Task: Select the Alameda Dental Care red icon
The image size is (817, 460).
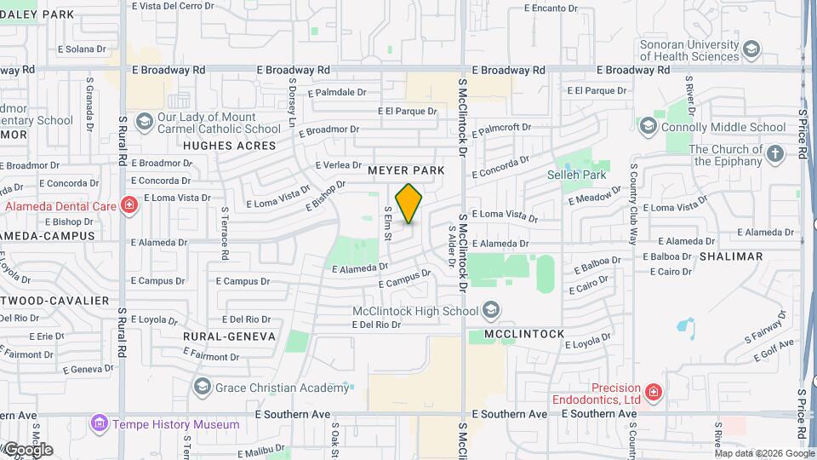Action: click(x=128, y=205)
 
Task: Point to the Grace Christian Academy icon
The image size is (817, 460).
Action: click(x=202, y=388)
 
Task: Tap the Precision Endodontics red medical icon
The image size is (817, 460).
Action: click(x=653, y=392)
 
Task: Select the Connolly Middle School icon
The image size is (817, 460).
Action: click(x=648, y=127)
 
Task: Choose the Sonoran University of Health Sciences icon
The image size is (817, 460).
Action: click(x=751, y=50)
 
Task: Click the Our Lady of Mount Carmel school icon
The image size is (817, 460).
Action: click(x=143, y=123)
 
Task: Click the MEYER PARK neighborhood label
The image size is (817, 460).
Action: click(x=406, y=170)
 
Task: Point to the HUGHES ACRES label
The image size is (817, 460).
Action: click(x=230, y=146)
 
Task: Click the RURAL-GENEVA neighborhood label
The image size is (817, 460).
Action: click(x=229, y=336)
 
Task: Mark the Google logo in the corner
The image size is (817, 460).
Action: click(x=27, y=450)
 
